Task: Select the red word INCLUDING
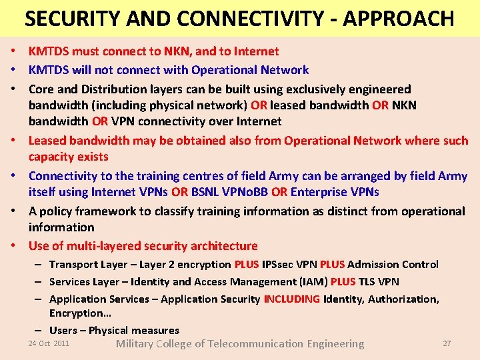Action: (x=291, y=299)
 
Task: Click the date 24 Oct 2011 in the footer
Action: (x=49, y=343)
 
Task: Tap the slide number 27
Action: (x=447, y=343)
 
